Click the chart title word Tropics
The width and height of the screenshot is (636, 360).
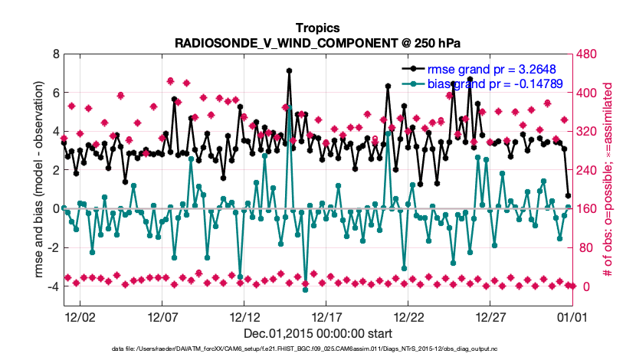point(317,28)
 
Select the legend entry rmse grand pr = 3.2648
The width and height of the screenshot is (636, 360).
point(491,69)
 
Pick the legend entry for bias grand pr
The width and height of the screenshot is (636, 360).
point(491,83)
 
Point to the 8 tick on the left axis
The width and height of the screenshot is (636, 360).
point(54,54)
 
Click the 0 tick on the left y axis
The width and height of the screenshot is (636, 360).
point(54,208)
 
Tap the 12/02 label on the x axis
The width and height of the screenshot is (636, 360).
point(79,317)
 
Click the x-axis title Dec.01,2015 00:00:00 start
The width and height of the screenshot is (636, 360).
point(317,333)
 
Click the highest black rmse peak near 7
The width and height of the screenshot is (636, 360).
point(289,70)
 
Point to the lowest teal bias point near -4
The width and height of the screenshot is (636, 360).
point(305,290)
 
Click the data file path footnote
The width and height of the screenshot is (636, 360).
point(317,349)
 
